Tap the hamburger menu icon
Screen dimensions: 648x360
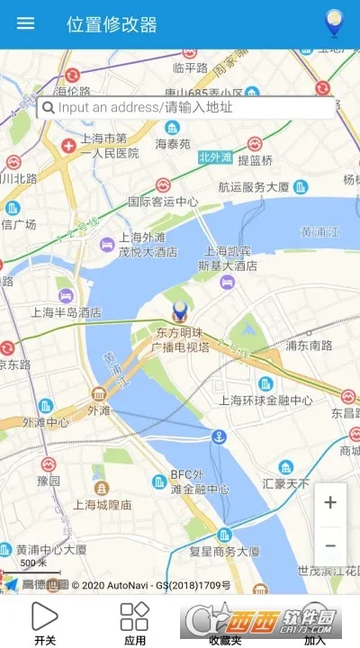(x=26, y=23)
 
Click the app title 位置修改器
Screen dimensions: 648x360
(x=112, y=24)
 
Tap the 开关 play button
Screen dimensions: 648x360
(x=44, y=616)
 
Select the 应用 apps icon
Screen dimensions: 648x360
(x=134, y=616)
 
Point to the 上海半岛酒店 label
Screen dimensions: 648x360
(x=67, y=312)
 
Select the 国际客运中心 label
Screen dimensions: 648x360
(x=163, y=202)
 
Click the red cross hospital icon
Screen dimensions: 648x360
(x=68, y=146)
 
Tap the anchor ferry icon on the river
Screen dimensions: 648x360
(x=218, y=437)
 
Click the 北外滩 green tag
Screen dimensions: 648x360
(x=215, y=157)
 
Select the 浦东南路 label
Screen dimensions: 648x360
(x=308, y=344)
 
